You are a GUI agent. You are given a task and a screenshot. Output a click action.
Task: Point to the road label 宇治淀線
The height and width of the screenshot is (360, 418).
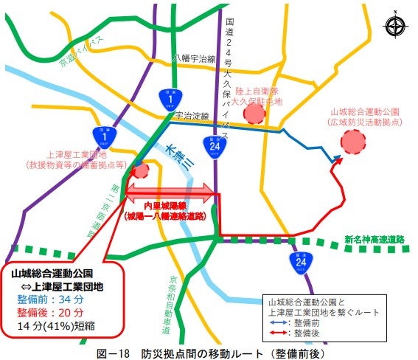pyautogui.click(x=191, y=115)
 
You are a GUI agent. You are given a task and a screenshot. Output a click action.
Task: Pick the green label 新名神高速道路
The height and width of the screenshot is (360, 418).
pyautogui.click(x=375, y=239)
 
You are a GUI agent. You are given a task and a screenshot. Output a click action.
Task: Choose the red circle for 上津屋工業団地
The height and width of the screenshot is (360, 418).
pyautogui.click(x=140, y=170)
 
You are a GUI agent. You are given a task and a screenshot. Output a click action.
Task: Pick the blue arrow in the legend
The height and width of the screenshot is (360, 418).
pyautogui.click(x=277, y=322)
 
